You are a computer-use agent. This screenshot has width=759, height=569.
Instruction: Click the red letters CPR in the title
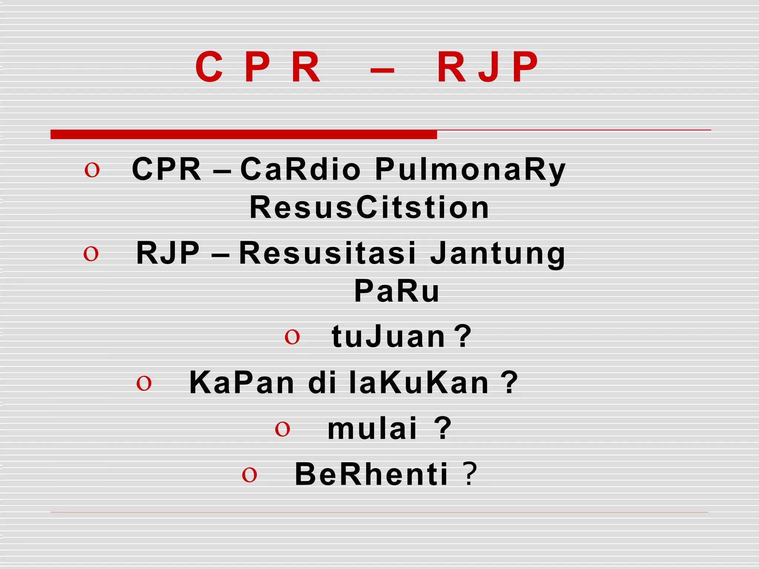[258, 67]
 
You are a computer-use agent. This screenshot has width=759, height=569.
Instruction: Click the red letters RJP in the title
[487, 67]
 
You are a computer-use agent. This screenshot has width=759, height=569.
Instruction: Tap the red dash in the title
[382, 70]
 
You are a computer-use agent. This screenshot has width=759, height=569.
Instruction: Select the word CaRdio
[300, 169]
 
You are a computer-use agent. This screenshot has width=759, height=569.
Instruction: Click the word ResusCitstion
[369, 207]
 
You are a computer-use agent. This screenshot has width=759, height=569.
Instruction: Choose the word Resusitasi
[328, 253]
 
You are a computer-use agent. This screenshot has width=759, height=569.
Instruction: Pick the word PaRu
[397, 291]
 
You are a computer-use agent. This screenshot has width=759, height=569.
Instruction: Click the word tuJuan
[388, 336]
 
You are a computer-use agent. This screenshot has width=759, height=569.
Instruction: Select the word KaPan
[242, 383]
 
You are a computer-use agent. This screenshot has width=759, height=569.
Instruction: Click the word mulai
[372, 429]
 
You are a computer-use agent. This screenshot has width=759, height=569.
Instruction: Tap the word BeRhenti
[371, 475]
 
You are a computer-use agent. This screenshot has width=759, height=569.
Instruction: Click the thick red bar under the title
[243, 134]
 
